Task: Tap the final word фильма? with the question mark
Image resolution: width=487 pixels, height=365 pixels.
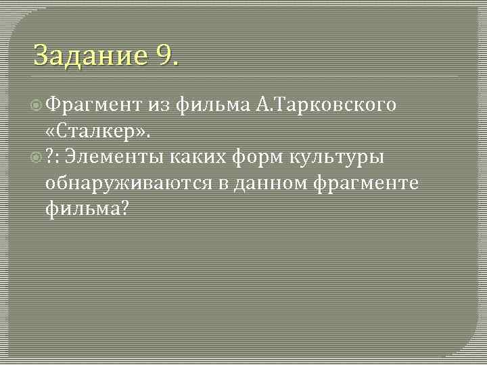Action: click(x=86, y=210)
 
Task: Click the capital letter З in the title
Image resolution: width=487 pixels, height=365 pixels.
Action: click(x=41, y=55)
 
